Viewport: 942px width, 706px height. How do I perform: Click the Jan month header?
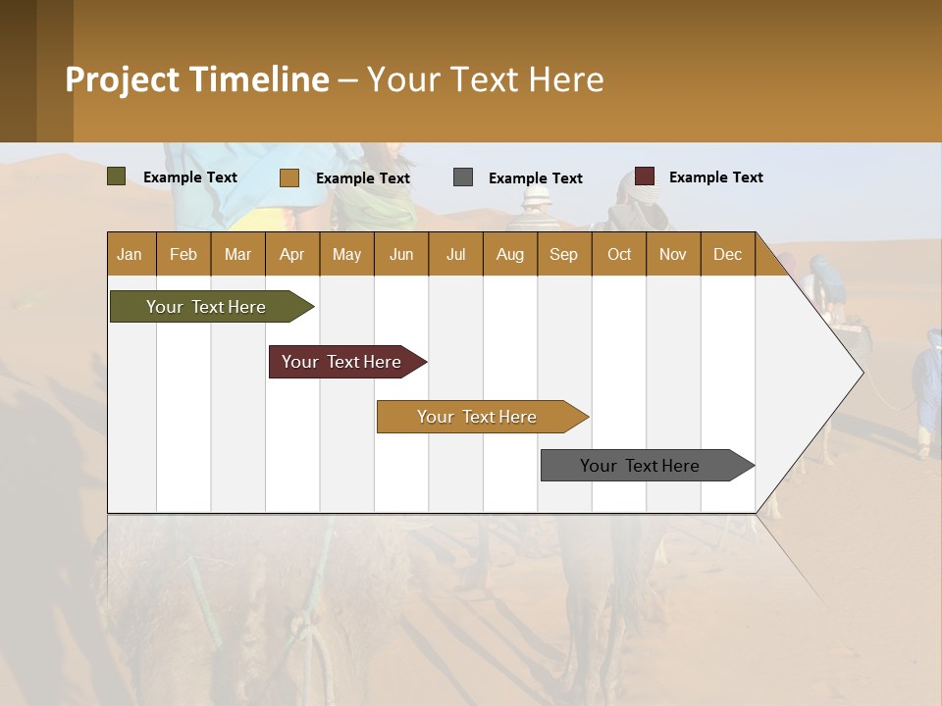(x=131, y=254)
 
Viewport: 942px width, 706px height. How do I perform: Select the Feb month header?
(x=183, y=254)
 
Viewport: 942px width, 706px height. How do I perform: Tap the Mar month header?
(x=237, y=254)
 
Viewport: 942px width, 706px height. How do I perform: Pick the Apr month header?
(x=292, y=254)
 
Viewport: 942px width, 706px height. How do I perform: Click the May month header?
(x=346, y=254)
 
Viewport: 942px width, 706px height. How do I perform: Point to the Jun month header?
(x=401, y=254)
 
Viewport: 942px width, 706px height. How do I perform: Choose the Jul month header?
(x=455, y=254)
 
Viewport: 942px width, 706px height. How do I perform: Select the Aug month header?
(x=510, y=254)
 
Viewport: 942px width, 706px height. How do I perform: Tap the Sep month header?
(x=564, y=254)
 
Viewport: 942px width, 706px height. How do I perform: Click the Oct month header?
(x=619, y=254)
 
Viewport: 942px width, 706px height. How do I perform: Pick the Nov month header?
(x=673, y=254)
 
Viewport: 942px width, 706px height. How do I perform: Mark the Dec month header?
(x=728, y=254)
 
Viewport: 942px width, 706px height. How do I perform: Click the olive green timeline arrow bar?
(x=207, y=307)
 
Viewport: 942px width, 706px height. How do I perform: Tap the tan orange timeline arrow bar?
(x=478, y=417)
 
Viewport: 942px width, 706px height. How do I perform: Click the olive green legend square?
(x=117, y=176)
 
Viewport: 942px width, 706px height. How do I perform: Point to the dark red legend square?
(x=645, y=176)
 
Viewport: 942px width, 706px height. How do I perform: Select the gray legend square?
(x=463, y=177)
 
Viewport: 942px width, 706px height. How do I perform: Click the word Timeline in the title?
(x=261, y=79)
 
